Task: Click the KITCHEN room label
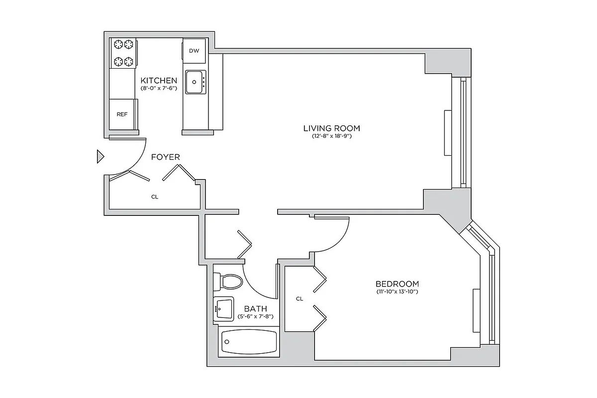tap(158, 80)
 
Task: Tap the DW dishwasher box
tap(194, 51)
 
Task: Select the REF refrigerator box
tap(122, 114)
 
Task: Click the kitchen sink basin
tap(196, 82)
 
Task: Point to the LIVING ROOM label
tap(331, 128)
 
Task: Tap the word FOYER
tap(165, 157)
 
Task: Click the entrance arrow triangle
tap(100, 157)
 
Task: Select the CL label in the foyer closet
tap(154, 197)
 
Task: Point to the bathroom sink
tap(224, 308)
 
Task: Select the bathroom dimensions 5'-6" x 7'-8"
tap(255, 316)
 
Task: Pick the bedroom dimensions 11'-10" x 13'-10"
tap(397, 292)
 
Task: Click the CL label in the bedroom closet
tap(299, 299)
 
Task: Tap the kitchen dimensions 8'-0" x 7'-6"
tap(158, 88)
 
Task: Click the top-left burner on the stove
tap(119, 45)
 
